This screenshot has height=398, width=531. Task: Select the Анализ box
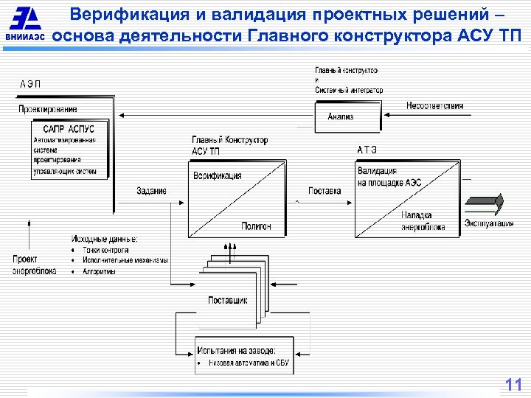click(341, 116)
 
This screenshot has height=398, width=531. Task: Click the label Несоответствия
click(434, 105)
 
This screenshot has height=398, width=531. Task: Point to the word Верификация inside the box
click(217, 175)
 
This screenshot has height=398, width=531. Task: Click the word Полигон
click(255, 226)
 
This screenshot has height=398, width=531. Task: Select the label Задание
click(151, 191)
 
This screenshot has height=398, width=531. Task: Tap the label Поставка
click(324, 190)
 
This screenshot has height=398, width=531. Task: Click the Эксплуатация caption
click(489, 224)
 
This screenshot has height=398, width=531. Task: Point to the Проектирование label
click(48, 109)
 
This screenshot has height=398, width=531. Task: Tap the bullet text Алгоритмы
click(99, 271)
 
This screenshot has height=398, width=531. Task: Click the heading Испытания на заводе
click(236, 350)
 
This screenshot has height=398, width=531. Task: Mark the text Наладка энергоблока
click(423, 222)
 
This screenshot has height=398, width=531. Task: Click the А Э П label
click(30, 83)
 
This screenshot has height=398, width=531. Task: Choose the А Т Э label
click(367, 150)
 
